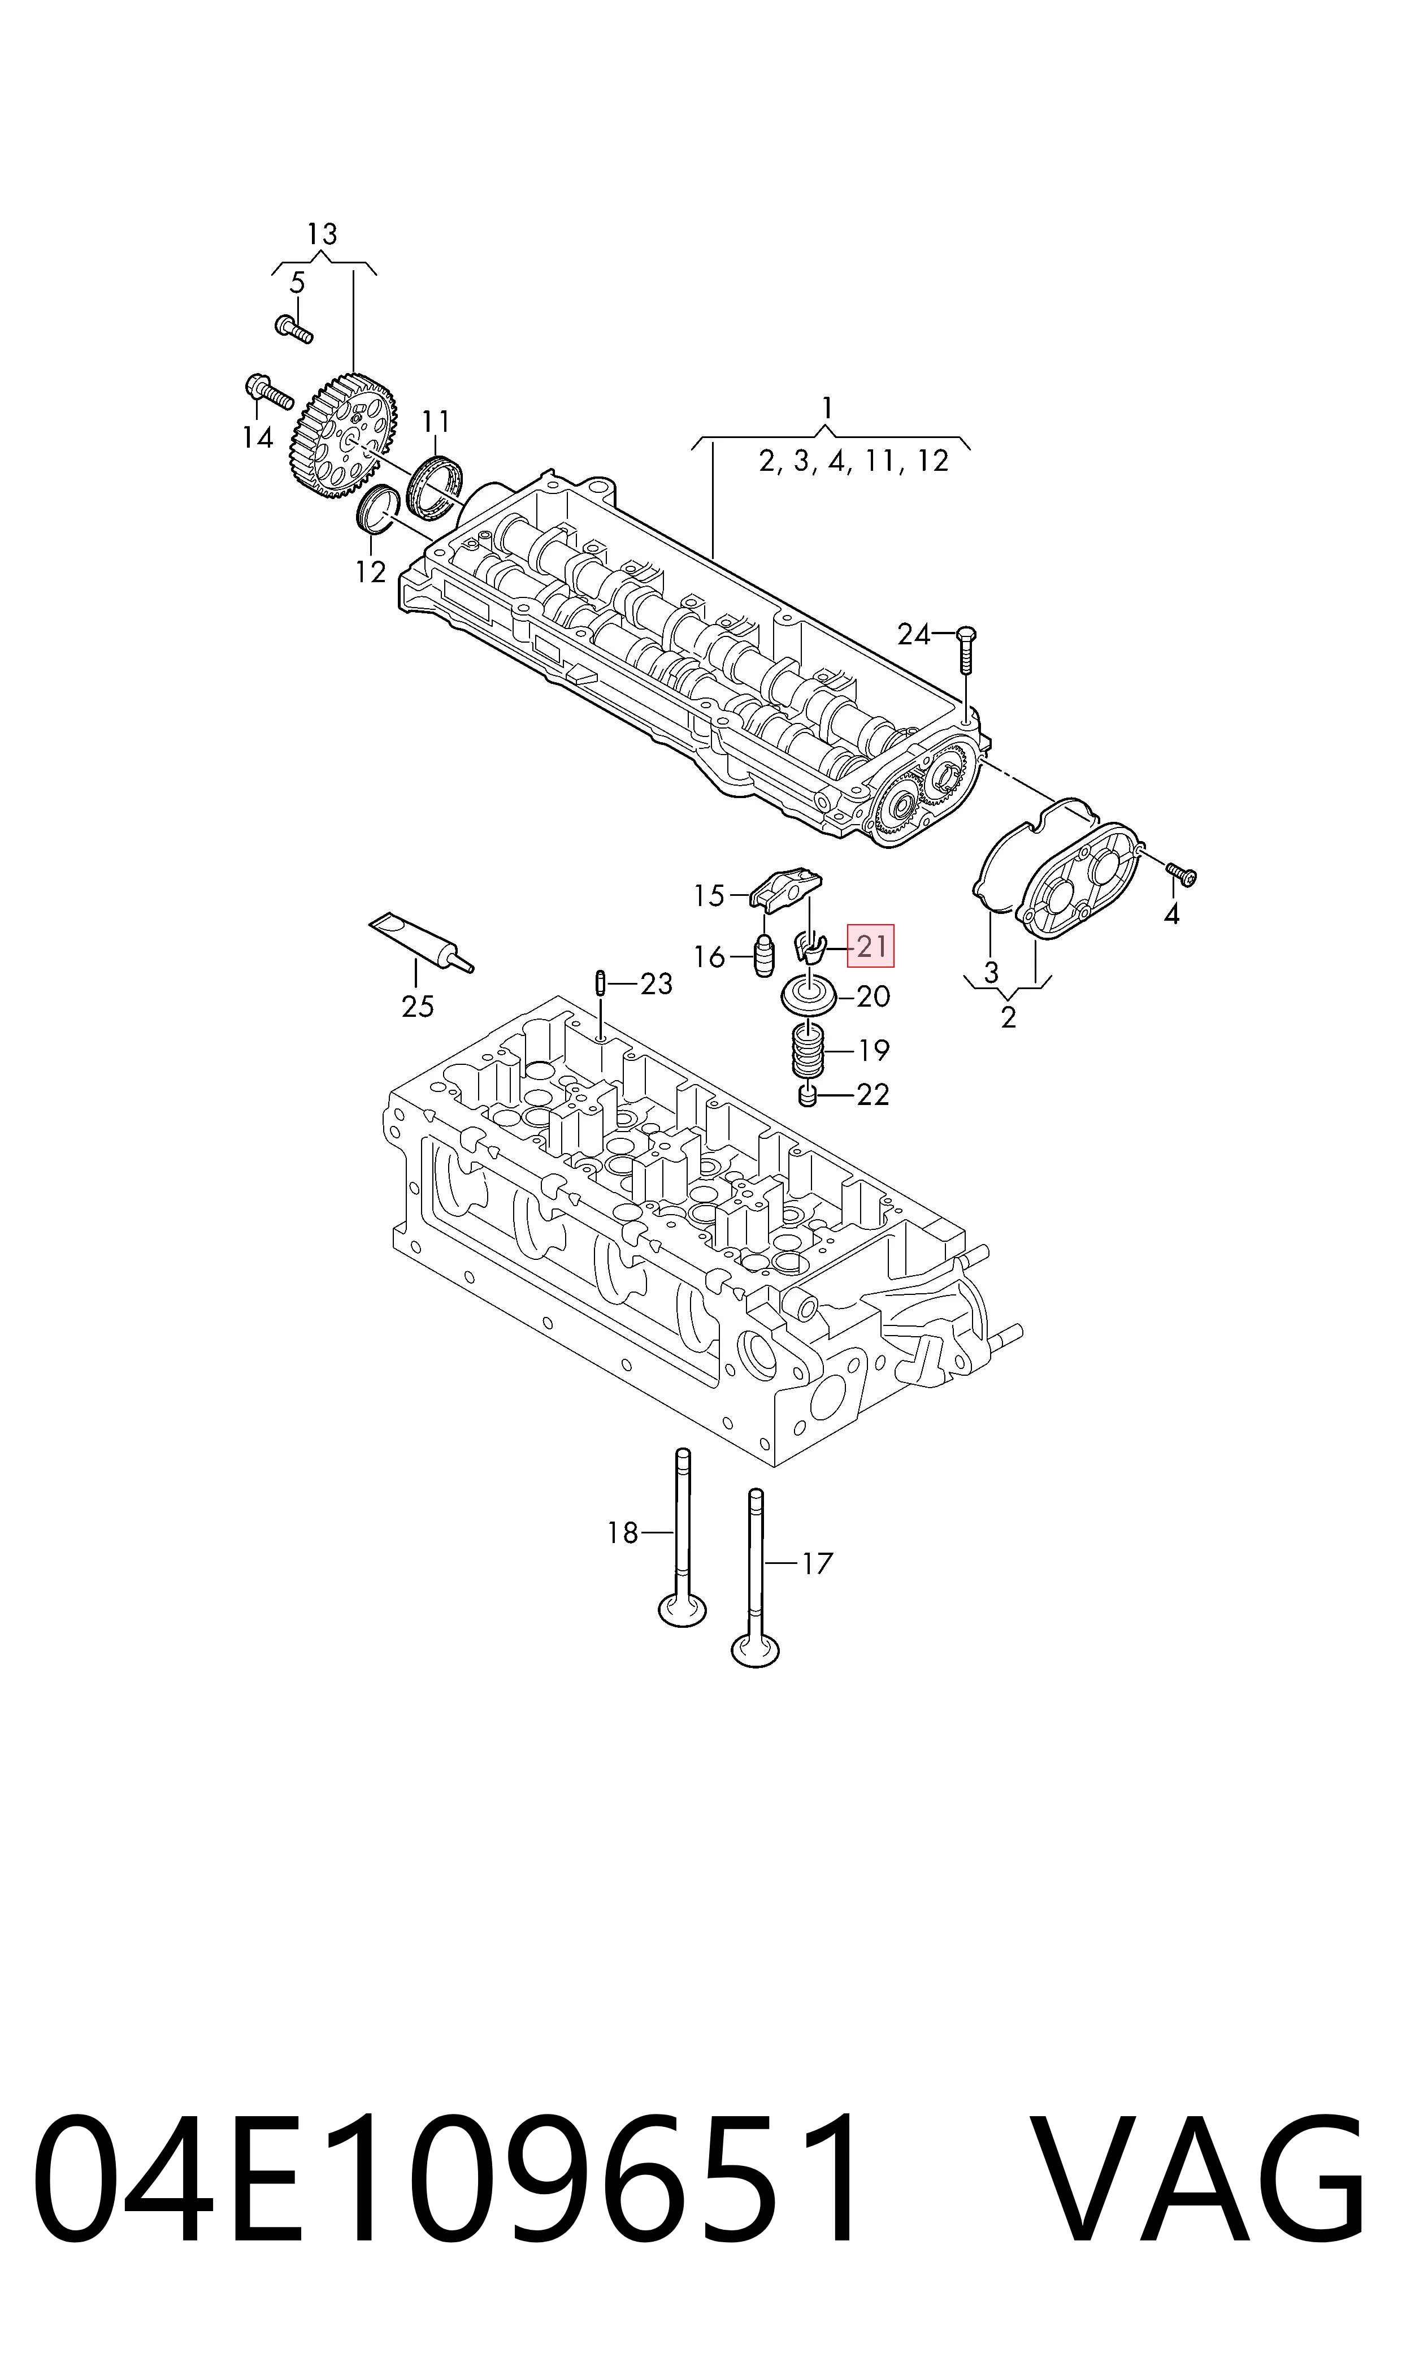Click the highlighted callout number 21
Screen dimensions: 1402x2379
[870, 946]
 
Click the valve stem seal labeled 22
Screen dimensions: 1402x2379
[807, 1097]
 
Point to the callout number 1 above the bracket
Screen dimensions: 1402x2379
[828, 408]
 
